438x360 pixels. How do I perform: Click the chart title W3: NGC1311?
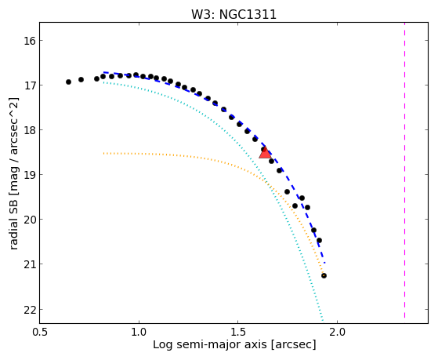(233, 14)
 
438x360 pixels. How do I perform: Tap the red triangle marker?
(265, 153)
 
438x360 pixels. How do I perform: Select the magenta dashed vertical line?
(404, 170)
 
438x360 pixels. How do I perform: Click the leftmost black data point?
(68, 82)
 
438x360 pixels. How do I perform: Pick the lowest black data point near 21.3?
(324, 276)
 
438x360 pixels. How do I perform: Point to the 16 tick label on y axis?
(27, 41)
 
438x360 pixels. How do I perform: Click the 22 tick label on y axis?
(27, 309)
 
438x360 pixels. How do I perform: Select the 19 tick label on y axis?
(27, 175)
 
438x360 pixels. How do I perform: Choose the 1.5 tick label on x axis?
(237, 332)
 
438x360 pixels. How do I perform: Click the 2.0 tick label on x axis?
(337, 332)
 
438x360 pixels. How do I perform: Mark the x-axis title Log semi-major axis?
(210, 344)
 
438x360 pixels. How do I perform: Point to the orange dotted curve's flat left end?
(103, 153)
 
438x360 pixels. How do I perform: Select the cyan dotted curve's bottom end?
(323, 321)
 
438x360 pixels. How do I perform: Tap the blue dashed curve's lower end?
(324, 263)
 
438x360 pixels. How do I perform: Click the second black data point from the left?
(81, 80)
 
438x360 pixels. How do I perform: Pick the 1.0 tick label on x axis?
(139, 332)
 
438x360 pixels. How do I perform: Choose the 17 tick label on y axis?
(27, 85)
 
